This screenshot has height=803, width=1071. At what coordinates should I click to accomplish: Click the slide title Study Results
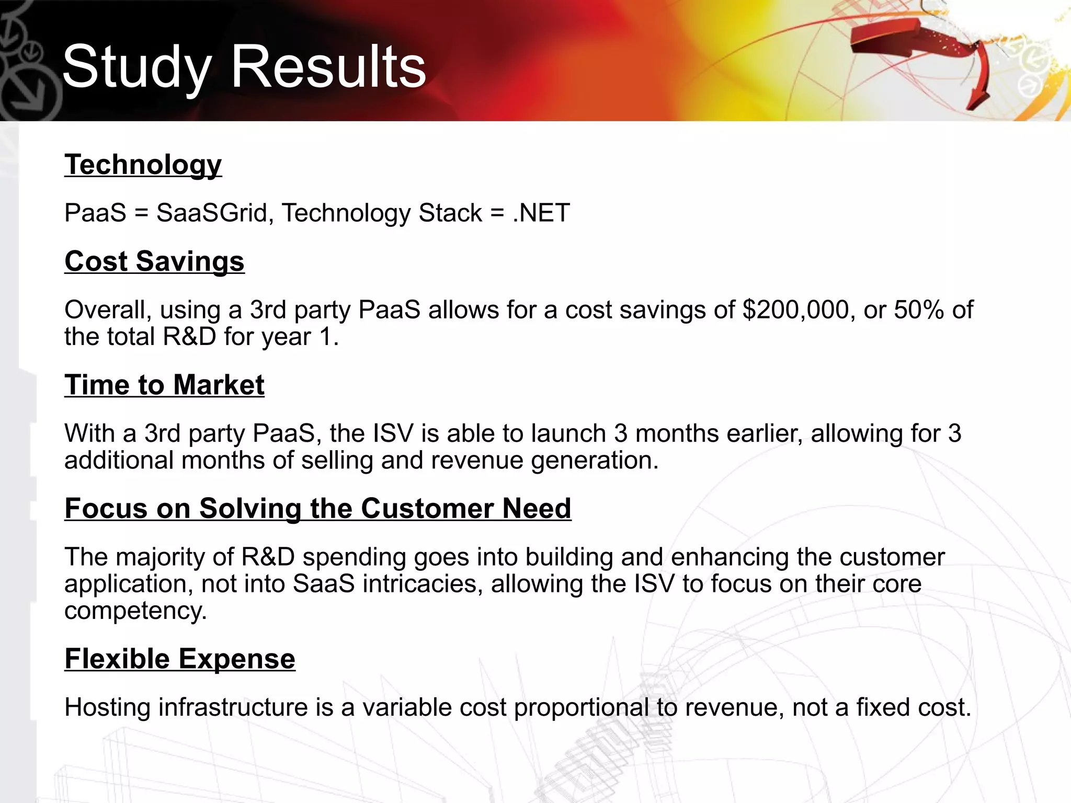click(x=244, y=67)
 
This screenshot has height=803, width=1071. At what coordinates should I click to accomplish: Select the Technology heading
click(x=143, y=165)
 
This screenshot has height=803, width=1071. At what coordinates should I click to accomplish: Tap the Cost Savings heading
click(x=154, y=261)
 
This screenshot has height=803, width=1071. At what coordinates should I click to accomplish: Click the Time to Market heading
click(x=164, y=385)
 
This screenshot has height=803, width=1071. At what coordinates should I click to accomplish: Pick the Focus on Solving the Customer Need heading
click(x=318, y=509)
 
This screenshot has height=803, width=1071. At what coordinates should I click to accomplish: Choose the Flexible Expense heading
click(x=180, y=659)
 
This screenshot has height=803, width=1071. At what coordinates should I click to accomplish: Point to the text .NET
click(x=541, y=213)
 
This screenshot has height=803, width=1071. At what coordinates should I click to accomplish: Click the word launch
click(x=568, y=434)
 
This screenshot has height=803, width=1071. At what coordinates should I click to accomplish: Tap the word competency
click(x=135, y=611)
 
